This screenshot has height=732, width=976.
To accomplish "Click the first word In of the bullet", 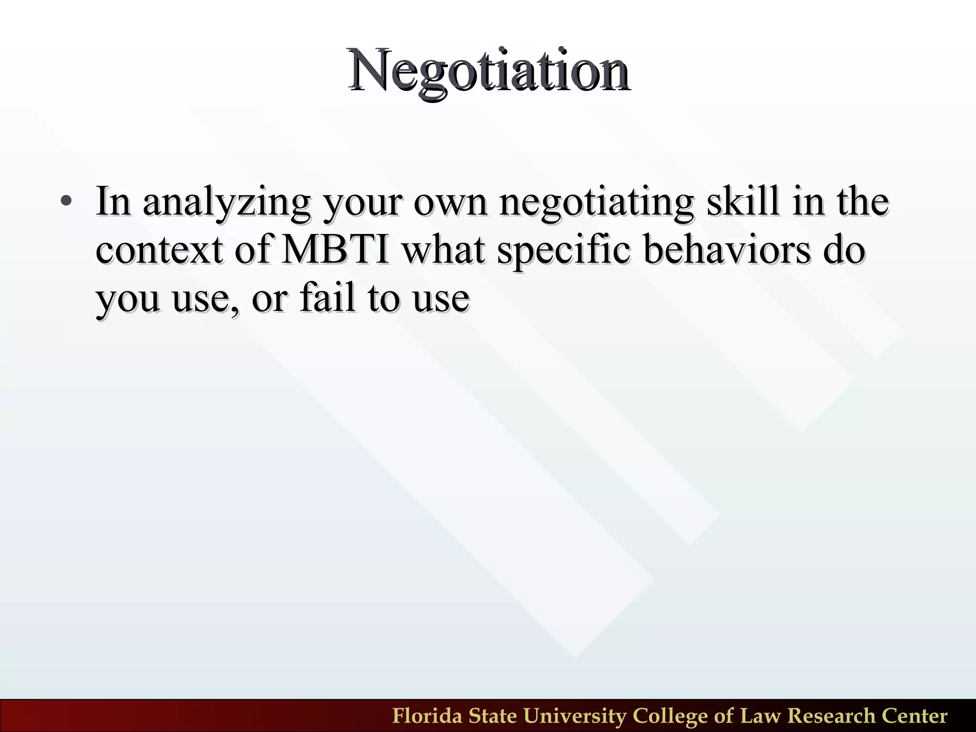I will [x=113, y=202].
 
